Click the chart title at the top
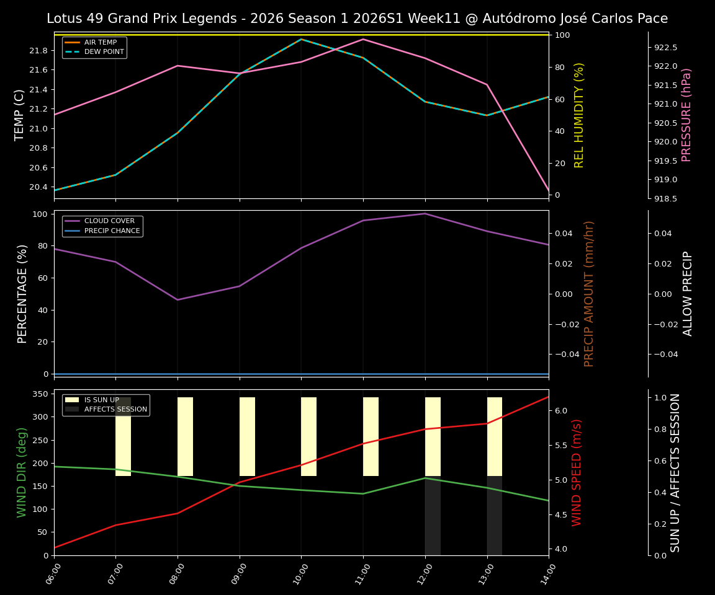(357, 19)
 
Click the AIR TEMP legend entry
(100, 43)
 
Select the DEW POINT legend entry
(104, 51)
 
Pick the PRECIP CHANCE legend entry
(112, 231)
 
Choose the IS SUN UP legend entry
(101, 400)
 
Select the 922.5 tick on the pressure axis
(665, 47)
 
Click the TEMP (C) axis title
(20, 115)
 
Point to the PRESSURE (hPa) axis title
(686, 115)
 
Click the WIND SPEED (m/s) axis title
(577, 472)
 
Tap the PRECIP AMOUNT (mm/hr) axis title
(590, 293)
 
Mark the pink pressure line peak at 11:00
(363, 39)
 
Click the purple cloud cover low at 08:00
(178, 300)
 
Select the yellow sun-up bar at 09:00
(247, 436)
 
